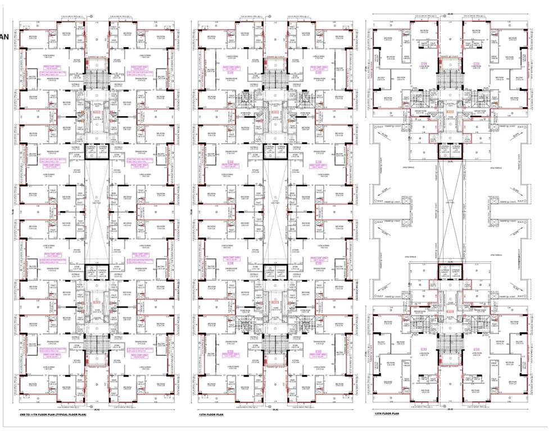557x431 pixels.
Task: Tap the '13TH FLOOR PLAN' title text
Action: click(387, 414)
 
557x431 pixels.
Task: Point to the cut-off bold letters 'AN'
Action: click(4, 37)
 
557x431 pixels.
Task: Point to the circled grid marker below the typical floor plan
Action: click(90, 406)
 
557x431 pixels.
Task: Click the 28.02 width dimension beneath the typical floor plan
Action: click(97, 410)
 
